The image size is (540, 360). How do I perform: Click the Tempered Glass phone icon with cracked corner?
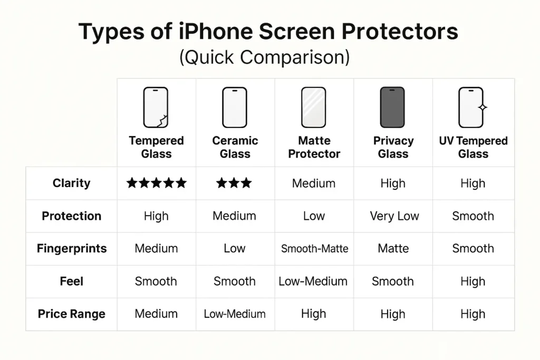tap(156, 108)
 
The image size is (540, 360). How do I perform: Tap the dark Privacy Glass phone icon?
tap(393, 108)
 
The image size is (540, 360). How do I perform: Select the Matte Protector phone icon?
tap(314, 108)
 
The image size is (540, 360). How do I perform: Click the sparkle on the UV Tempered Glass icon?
tap(481, 107)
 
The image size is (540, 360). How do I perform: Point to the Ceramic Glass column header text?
tap(235, 147)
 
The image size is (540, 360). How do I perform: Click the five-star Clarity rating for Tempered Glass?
tap(156, 183)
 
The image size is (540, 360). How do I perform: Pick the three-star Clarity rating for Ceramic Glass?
tap(234, 183)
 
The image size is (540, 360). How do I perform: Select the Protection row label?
tap(71, 216)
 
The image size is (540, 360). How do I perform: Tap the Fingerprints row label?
tap(71, 249)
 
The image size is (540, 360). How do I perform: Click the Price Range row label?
tap(71, 314)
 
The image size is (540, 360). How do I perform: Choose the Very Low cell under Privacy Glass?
tap(394, 216)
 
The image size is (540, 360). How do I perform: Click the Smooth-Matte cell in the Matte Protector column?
tap(314, 249)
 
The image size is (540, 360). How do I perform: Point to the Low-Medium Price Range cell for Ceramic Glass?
tap(235, 314)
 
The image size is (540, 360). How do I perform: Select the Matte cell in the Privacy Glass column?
tap(393, 249)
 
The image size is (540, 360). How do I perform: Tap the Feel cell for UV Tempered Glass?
tap(472, 281)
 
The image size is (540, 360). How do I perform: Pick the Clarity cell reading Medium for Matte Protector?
tap(314, 183)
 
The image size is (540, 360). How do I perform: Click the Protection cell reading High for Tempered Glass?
tap(156, 216)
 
